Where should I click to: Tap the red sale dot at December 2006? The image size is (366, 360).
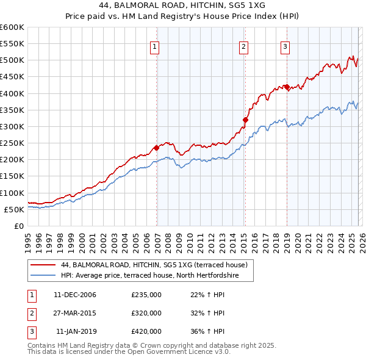pyautogui.click(x=156, y=148)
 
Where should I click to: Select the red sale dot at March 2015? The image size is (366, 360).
pyautogui.click(x=245, y=120)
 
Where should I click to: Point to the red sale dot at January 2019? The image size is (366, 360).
pyautogui.click(x=287, y=87)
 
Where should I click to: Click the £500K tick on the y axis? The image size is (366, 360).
pyautogui.click(x=12, y=60)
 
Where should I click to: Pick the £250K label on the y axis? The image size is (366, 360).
pyautogui.click(x=12, y=143)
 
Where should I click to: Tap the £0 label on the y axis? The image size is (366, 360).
pyautogui.click(x=18, y=226)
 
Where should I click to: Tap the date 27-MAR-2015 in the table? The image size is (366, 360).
pyautogui.click(x=74, y=313)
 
